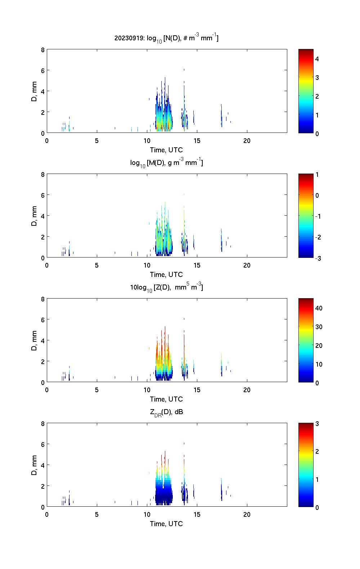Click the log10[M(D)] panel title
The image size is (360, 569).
(x=166, y=163)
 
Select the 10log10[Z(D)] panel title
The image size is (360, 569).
(x=166, y=287)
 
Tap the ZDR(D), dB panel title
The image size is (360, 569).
(x=166, y=412)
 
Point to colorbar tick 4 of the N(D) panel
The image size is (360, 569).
(x=317, y=59)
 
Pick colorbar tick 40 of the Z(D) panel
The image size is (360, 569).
(x=319, y=308)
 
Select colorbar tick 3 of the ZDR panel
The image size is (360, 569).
(x=317, y=424)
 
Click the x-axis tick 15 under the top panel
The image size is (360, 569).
(x=197, y=140)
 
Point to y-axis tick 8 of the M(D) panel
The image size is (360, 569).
(x=43, y=175)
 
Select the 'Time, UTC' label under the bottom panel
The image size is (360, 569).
(x=166, y=524)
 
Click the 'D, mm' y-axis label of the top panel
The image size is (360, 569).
(x=34, y=91)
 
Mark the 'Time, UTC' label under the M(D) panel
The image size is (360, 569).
(x=166, y=274)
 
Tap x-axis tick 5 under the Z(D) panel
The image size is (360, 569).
(x=97, y=390)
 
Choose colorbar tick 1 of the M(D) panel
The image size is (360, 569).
(x=317, y=175)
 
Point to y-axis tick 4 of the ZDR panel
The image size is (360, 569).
(x=43, y=465)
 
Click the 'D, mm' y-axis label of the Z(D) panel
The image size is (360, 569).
(x=34, y=341)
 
